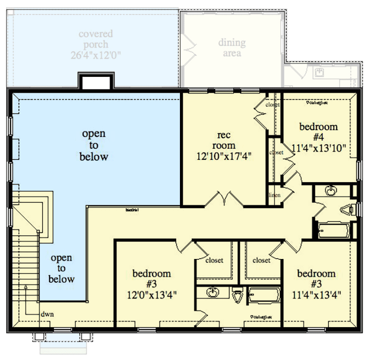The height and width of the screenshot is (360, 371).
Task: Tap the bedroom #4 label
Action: [318, 132]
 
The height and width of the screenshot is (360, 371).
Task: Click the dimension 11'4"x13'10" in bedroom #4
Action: [319, 148]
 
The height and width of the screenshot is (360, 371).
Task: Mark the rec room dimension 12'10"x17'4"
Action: [224, 156]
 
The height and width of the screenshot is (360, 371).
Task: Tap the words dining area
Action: [232, 48]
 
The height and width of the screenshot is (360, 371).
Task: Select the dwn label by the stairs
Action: [47, 314]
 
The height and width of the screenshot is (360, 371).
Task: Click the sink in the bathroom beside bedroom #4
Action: [330, 190]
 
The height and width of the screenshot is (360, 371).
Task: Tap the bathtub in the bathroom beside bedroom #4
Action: [334, 230]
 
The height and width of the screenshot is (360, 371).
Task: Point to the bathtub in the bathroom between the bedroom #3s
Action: [264, 296]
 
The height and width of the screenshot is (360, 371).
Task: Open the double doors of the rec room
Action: [224, 200]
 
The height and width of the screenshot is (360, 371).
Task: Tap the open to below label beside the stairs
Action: [62, 269]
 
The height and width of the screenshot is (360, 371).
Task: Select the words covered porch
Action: [96, 39]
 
